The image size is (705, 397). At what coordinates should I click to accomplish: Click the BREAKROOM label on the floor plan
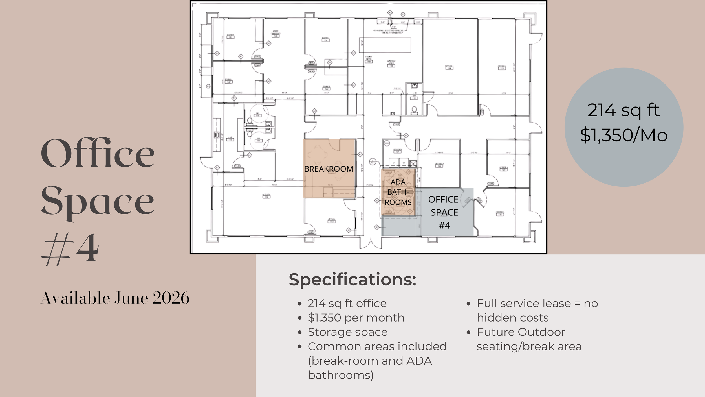click(329, 169)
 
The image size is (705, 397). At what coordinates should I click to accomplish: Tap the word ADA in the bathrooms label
click(398, 182)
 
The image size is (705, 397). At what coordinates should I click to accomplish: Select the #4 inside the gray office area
click(444, 225)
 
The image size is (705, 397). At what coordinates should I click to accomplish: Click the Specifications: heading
click(352, 280)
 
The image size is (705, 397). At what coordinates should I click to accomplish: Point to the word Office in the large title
click(98, 153)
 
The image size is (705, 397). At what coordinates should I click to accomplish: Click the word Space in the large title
click(98, 202)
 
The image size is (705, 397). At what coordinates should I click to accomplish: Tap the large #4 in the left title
click(70, 248)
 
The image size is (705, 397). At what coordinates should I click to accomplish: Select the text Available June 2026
click(115, 298)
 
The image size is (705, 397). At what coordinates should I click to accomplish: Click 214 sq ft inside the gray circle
click(624, 110)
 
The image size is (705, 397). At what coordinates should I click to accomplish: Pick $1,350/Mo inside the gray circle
click(624, 135)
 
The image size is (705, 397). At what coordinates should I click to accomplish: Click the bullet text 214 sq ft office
click(347, 303)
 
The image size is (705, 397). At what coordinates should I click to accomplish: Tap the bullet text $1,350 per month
click(356, 318)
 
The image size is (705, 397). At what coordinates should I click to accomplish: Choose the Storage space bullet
click(348, 332)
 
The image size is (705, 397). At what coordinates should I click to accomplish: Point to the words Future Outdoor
click(521, 332)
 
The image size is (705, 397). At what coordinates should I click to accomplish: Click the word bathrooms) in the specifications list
click(341, 375)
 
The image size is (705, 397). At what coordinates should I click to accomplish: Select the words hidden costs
click(513, 318)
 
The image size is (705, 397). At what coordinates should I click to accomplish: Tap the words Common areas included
click(377, 346)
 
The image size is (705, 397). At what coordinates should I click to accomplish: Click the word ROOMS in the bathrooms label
click(398, 202)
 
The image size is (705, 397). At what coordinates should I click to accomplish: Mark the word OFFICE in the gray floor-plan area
click(443, 199)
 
